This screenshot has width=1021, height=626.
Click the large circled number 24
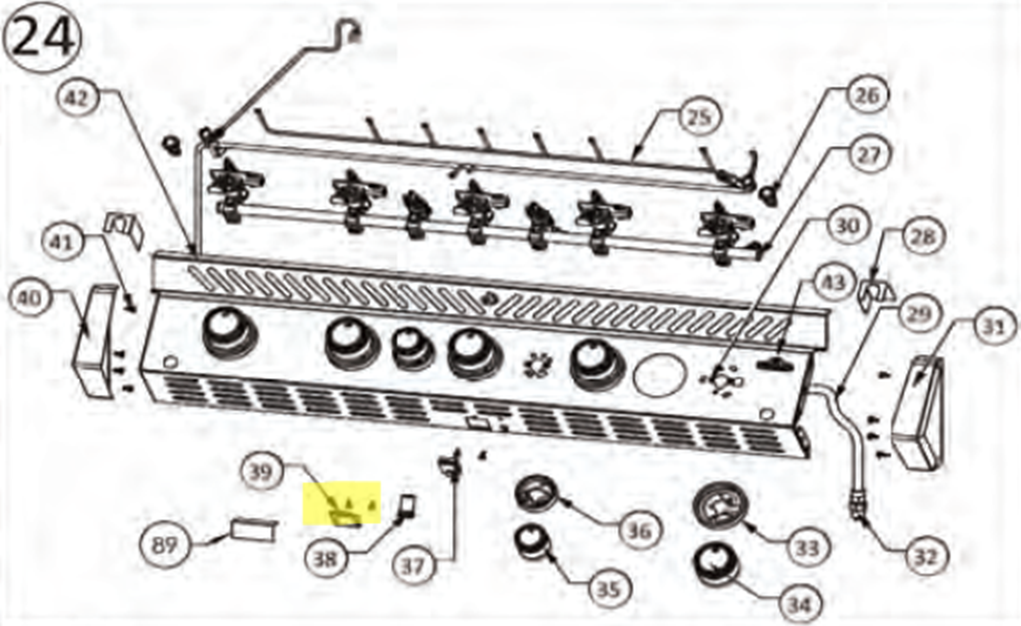point(42,38)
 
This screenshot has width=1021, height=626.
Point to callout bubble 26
point(867,95)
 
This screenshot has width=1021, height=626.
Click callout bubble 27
point(869,155)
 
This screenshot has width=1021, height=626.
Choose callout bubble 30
point(847,225)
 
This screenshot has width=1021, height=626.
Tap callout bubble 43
point(834,282)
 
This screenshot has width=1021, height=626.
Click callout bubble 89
point(164,545)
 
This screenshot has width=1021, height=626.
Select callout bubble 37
point(414,566)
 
